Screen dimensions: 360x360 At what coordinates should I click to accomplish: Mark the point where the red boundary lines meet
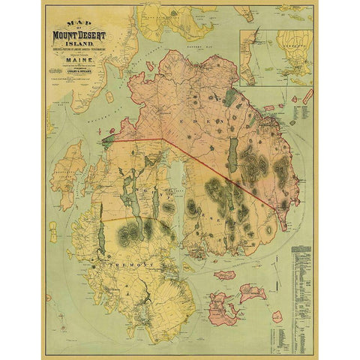click(x=164, y=139)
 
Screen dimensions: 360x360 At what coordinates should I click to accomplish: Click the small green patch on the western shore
click(x=109, y=138)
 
